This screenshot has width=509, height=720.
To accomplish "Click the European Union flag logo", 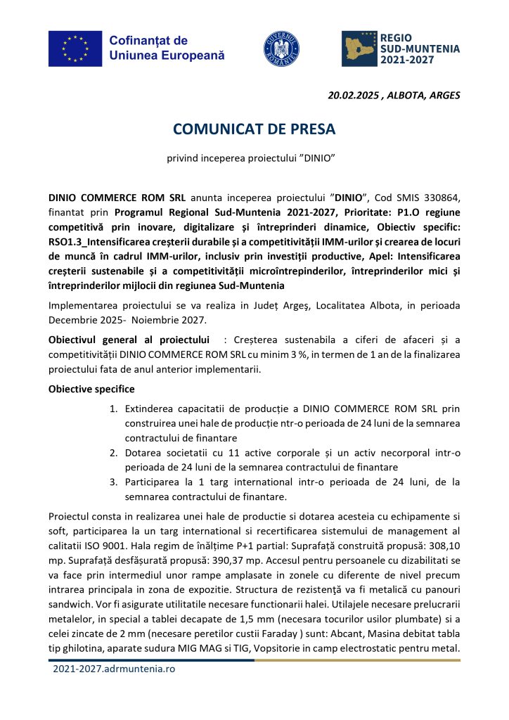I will [x=75, y=48].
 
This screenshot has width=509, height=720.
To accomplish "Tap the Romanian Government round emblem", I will [x=281, y=49].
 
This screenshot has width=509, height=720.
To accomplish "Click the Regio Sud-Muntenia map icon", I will [x=359, y=49].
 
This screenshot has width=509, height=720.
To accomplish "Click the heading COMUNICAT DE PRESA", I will [x=254, y=129].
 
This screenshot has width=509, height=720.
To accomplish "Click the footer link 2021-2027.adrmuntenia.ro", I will [x=114, y=669].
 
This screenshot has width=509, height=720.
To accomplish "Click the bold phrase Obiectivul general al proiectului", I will [x=129, y=340].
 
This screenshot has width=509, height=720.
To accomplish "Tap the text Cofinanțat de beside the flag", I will [x=148, y=41].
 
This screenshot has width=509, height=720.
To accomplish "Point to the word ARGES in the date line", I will [x=443, y=96].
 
